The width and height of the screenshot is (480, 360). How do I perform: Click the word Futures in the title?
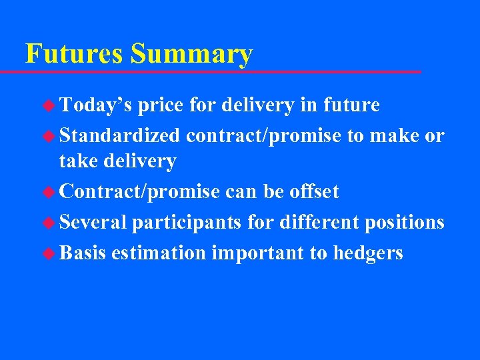(x=75, y=53)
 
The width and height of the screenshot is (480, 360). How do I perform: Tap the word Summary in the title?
(x=192, y=53)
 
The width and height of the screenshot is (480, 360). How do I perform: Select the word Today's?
(x=95, y=105)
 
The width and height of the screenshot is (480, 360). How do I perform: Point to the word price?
(x=161, y=105)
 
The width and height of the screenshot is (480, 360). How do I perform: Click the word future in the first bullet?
(x=351, y=105)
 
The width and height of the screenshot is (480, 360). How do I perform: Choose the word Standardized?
(x=120, y=135)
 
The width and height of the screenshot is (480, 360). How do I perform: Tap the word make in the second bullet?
(x=397, y=135)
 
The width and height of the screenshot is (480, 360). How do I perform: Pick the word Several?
(x=93, y=222)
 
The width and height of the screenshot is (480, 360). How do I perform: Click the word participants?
(x=187, y=222)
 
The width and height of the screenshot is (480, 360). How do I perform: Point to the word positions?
(x=405, y=222)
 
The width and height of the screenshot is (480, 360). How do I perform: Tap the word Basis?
(x=83, y=253)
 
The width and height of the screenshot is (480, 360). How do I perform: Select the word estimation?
(x=159, y=253)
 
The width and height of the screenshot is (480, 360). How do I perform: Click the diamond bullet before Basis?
(x=49, y=253)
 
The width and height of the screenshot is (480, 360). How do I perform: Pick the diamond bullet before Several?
(x=49, y=223)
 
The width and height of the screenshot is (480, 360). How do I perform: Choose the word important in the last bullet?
(x=259, y=253)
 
